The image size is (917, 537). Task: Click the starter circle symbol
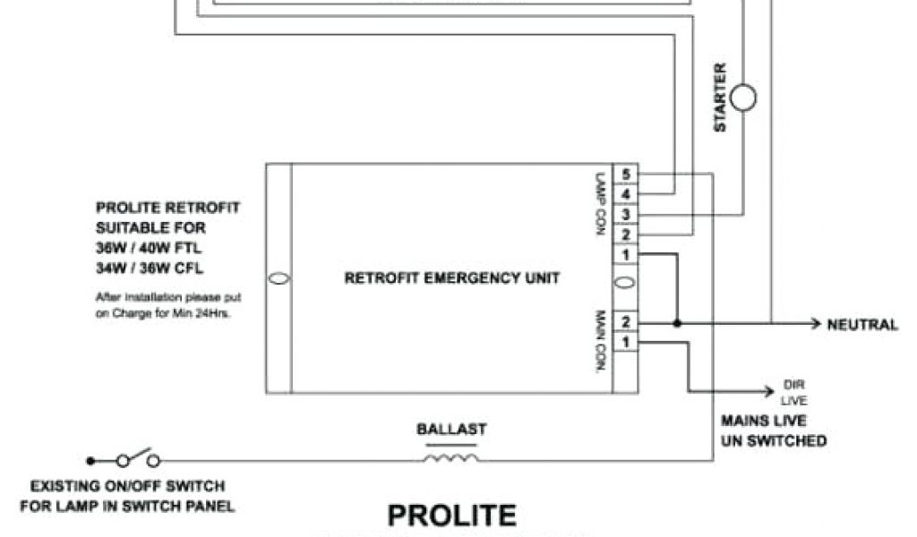point(743,98)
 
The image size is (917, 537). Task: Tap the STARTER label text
point(720,98)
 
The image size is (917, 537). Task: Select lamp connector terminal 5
point(625,175)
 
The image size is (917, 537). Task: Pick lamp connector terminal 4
point(625,193)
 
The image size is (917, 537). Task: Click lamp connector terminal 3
point(625,215)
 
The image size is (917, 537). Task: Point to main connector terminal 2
point(625,322)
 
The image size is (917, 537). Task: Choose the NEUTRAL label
point(861,325)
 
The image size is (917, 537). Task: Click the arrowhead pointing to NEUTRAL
point(815,323)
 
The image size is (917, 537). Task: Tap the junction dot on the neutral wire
point(677,323)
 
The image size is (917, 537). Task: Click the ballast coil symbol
point(450,459)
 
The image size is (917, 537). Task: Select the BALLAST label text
point(451,430)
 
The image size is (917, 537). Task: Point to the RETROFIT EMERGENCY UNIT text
point(452,278)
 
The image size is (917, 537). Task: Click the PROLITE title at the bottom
point(451,516)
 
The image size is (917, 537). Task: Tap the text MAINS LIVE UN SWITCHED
point(773,430)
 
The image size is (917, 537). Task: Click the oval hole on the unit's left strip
point(279,278)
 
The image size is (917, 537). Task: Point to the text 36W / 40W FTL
point(149,248)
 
